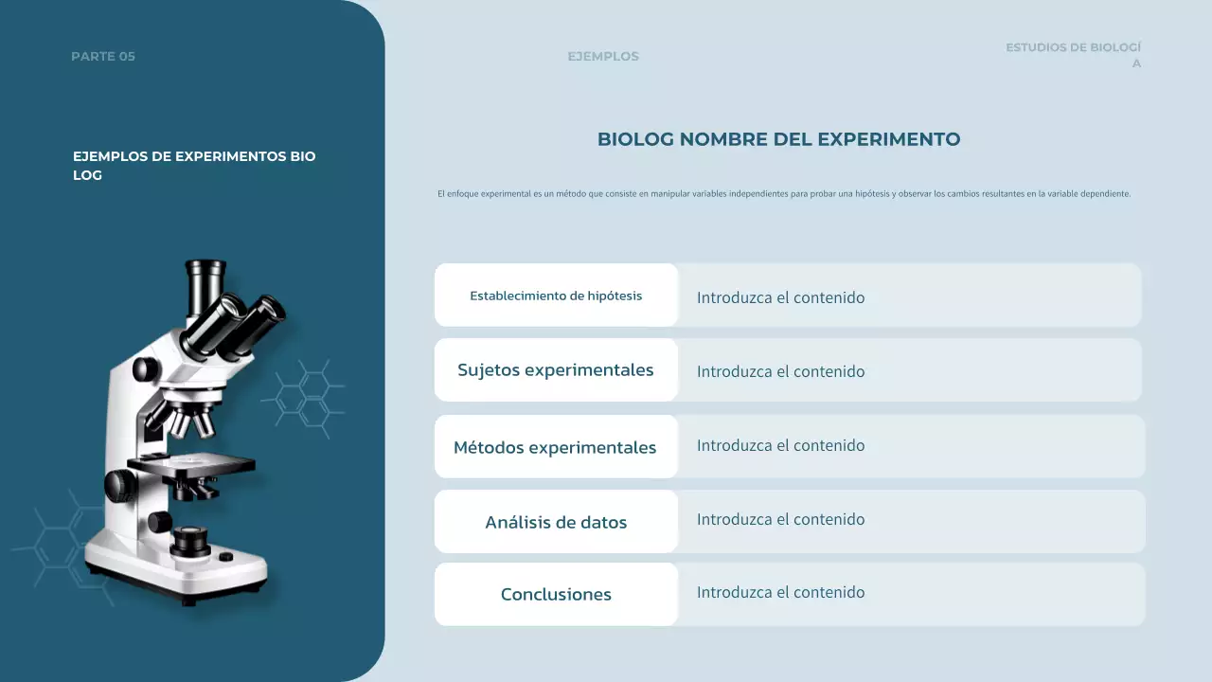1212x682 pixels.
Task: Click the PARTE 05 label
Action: pyautogui.click(x=103, y=57)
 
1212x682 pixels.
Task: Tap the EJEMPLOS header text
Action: pyautogui.click(x=603, y=57)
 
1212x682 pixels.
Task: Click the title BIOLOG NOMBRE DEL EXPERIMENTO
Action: pyautogui.click(x=778, y=139)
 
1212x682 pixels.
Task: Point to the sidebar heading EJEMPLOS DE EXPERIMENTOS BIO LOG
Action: pyautogui.click(x=194, y=166)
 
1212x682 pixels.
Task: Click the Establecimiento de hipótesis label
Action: pyautogui.click(x=556, y=296)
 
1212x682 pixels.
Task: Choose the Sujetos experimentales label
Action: pyautogui.click(x=556, y=370)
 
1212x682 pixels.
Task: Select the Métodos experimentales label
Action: pyautogui.click(x=555, y=447)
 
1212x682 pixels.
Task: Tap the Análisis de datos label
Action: pyautogui.click(x=556, y=522)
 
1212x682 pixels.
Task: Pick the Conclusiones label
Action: pyautogui.click(x=556, y=595)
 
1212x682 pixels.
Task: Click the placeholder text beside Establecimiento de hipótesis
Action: pyautogui.click(x=780, y=297)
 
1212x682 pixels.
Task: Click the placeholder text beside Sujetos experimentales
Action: pyautogui.click(x=780, y=371)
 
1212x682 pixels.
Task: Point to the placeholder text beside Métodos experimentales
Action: pyautogui.click(x=780, y=445)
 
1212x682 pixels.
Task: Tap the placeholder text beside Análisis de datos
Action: pyautogui.click(x=780, y=519)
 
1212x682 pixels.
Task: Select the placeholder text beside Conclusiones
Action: pyautogui.click(x=780, y=592)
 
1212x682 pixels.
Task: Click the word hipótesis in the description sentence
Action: pyautogui.click(x=871, y=194)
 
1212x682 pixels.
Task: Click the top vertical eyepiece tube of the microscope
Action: pyautogui.click(x=205, y=284)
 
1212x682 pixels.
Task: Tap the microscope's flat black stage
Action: pyautogui.click(x=199, y=464)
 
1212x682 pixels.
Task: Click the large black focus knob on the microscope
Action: pyautogui.click(x=121, y=485)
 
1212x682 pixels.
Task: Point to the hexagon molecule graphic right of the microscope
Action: pyautogui.click(x=305, y=397)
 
